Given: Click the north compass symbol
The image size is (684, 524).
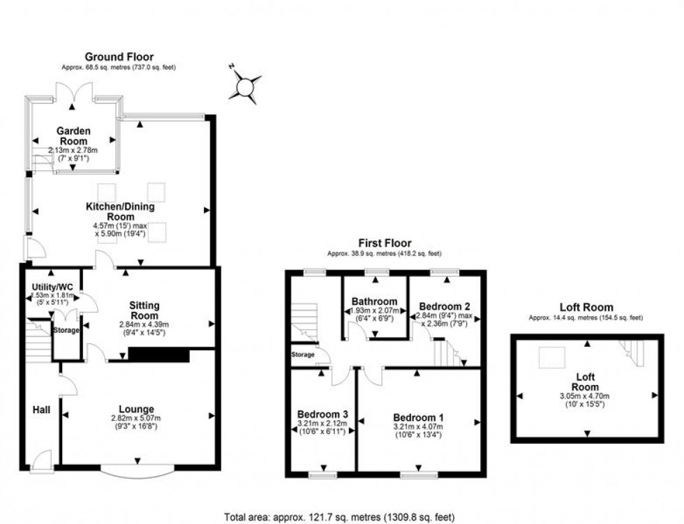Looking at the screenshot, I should [246, 86].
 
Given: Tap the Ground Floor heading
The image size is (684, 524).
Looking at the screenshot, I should [119, 57].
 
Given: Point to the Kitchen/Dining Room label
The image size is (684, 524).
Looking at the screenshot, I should [120, 211].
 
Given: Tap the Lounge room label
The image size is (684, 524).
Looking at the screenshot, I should [137, 408].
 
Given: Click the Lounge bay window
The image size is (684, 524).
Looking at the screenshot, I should [137, 470].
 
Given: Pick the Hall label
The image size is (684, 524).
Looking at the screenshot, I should [41, 410].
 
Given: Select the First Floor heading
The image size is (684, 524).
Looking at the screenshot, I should [385, 243].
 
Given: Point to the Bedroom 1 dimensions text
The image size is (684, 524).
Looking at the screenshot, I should [417, 431].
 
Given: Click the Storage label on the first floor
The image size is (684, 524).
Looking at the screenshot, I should [303, 355].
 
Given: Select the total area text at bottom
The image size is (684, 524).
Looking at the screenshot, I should [339, 517].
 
